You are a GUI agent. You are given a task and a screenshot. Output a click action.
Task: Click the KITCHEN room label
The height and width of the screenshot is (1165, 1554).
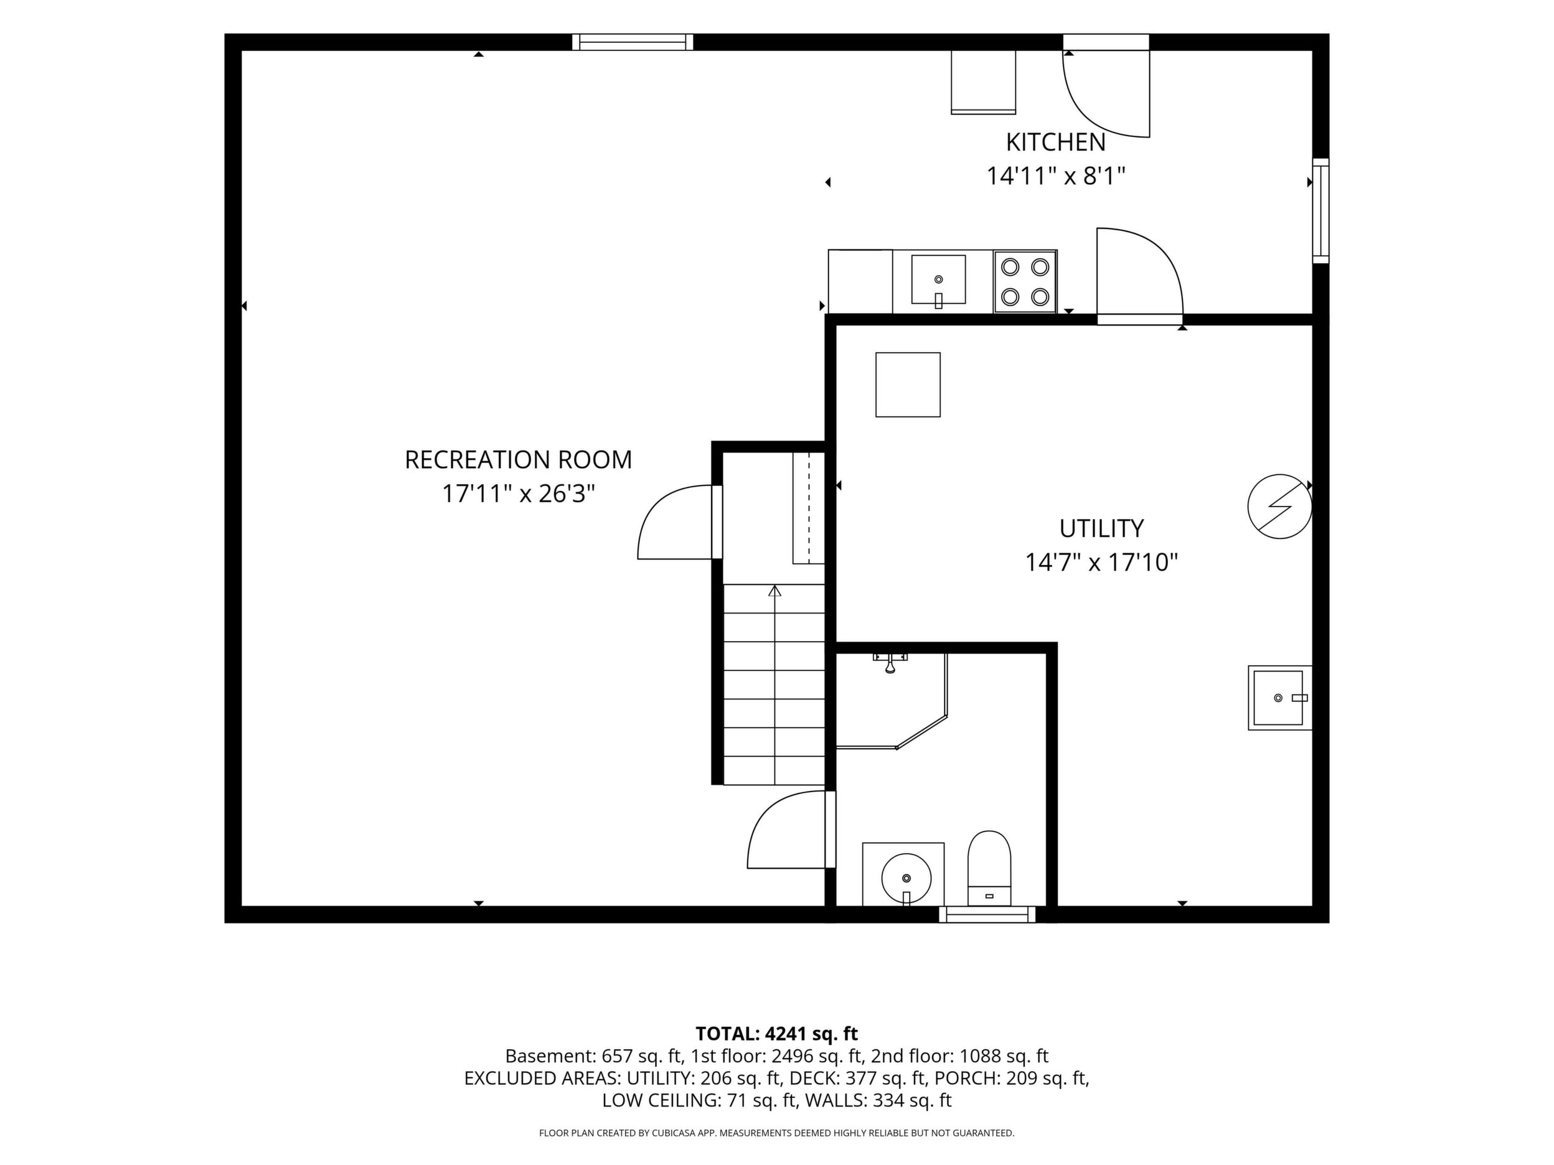[1055, 143]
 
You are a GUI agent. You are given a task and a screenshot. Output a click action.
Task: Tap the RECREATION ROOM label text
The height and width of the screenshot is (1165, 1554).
[519, 460]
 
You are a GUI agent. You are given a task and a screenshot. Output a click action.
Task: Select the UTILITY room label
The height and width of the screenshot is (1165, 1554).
[1101, 528]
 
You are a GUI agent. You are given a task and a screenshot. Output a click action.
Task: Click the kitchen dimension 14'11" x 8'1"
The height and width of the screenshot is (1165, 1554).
[1056, 175]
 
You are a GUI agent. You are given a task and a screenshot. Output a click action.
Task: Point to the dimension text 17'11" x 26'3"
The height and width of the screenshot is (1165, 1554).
[519, 494]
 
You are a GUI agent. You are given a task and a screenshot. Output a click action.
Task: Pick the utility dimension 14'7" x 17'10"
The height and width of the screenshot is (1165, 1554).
[1101, 563]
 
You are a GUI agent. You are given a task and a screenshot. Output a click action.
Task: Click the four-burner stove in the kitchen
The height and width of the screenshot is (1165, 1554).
[1025, 281]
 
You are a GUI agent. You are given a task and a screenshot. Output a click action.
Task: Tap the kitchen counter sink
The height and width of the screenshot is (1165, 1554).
[939, 280]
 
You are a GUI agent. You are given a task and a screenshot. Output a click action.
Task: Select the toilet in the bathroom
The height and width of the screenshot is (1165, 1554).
[989, 868]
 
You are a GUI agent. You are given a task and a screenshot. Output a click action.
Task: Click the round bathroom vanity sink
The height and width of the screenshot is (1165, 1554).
[906, 877]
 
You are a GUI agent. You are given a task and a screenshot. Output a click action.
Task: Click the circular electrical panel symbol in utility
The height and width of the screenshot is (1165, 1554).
[1279, 507]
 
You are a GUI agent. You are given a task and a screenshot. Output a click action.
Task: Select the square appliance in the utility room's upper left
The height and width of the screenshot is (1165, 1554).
[908, 385]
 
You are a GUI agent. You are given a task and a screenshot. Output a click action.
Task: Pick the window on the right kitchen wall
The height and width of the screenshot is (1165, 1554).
[1321, 211]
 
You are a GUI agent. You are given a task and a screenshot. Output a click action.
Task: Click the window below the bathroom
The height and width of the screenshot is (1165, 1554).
[987, 914]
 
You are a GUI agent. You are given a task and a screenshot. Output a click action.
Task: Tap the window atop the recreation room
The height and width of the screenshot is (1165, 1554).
[633, 42]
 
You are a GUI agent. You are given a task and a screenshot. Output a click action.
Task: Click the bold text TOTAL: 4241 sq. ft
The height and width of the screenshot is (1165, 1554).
[776, 1034]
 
